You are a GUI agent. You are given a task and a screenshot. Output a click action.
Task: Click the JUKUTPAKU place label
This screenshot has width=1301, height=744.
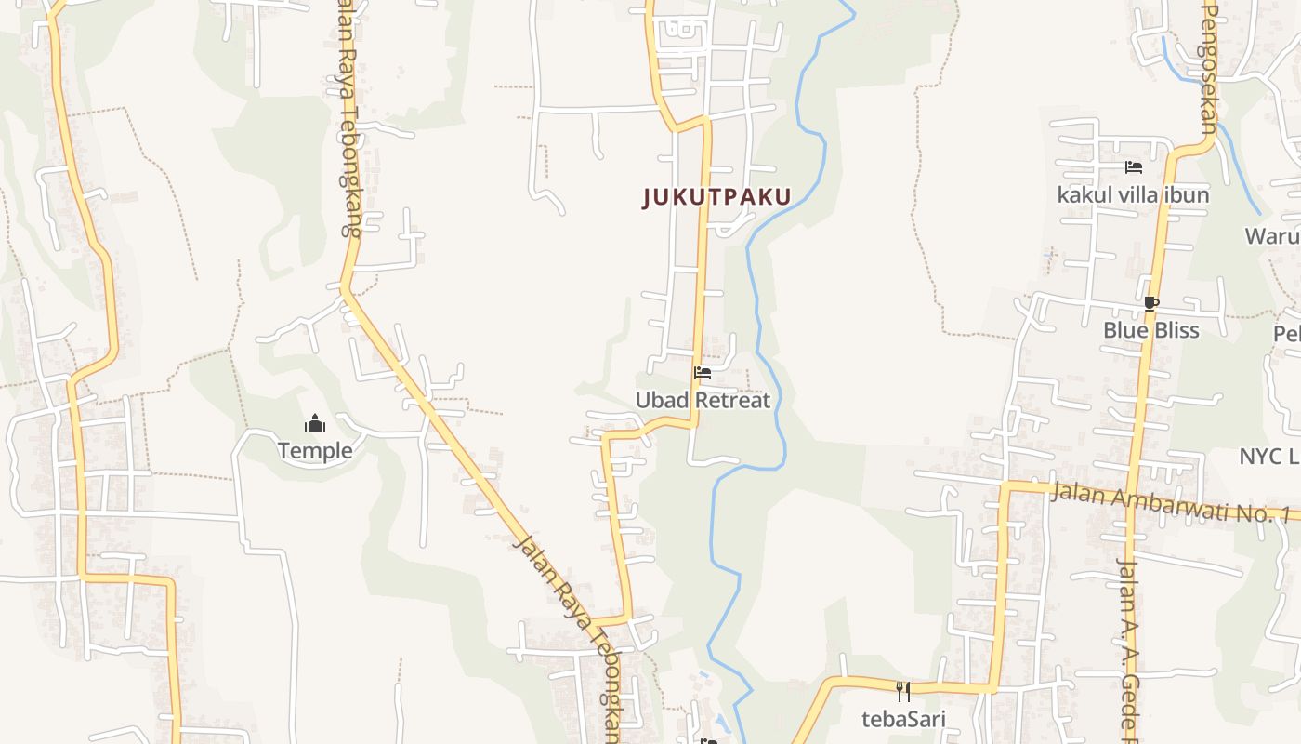716,197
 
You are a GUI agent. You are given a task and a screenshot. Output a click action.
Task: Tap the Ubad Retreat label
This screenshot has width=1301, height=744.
703,400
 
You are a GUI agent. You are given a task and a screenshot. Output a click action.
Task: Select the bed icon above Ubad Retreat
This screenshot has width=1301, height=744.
703,373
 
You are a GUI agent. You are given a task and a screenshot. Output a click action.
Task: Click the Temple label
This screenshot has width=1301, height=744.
315,451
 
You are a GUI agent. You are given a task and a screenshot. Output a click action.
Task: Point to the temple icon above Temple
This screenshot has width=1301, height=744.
315,424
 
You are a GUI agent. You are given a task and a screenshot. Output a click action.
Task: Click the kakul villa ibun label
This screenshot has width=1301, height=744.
1133,194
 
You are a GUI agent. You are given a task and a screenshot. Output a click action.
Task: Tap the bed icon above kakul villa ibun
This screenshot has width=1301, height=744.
1134,167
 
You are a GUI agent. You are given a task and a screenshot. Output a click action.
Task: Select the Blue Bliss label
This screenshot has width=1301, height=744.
1150,330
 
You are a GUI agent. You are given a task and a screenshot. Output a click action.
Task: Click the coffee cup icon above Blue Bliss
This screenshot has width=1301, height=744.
1151,303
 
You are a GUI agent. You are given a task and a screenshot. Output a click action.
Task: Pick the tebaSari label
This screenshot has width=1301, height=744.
902,719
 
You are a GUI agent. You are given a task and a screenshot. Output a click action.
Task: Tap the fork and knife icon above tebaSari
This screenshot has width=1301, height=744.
902,691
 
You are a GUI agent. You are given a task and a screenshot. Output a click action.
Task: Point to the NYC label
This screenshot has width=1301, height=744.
1268,456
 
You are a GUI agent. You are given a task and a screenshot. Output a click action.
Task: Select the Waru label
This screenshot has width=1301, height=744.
1273,235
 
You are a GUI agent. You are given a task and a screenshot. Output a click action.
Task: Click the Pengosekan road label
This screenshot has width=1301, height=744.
1209,65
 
